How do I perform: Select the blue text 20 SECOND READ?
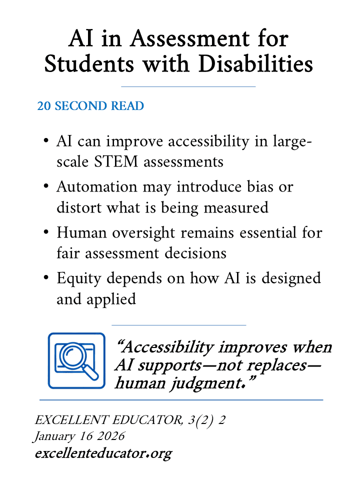[x=90, y=106]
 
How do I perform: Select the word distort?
[x=75, y=207]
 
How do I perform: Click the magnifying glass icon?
[x=76, y=360]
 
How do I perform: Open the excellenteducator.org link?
[x=103, y=453]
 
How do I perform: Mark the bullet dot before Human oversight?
[x=46, y=233]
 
